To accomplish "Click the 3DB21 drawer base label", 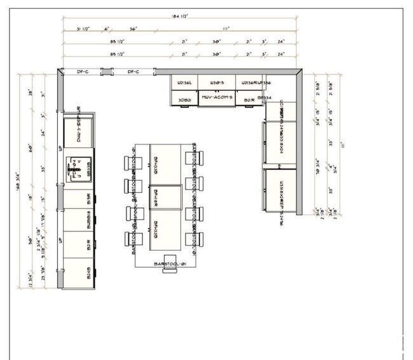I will [185, 100].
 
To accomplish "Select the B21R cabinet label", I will [249, 100].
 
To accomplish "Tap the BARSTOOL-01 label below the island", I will [168, 263].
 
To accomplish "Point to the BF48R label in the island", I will [156, 196].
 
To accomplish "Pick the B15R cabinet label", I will [88, 198].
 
